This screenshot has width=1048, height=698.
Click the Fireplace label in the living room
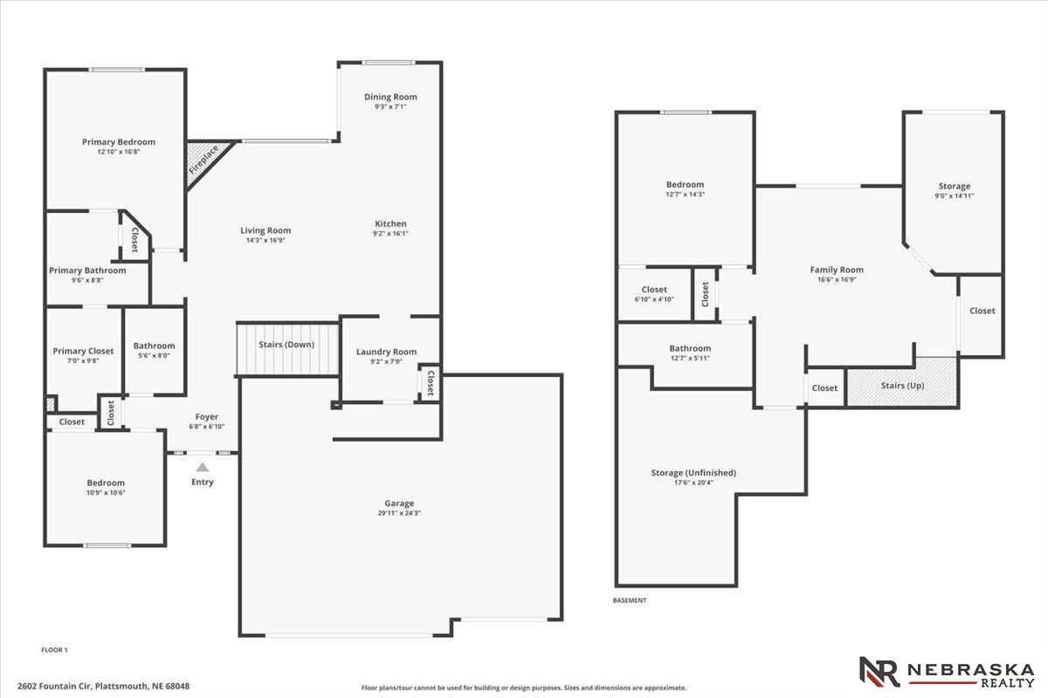point(203,160)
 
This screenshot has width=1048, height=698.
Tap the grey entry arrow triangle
point(202,467)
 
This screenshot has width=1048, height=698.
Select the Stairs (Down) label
point(286,345)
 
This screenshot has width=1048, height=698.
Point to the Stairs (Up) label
point(902,386)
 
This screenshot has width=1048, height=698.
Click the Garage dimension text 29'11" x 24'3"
point(399,513)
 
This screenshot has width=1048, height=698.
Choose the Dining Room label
point(390,97)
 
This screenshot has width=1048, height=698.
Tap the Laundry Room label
point(386,352)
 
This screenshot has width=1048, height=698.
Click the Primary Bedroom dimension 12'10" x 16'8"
point(119,152)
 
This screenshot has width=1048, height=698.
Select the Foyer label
point(207,416)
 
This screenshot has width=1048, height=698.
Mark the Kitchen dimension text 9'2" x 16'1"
point(390,233)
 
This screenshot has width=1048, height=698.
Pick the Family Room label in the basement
point(837,270)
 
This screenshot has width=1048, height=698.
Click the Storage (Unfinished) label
point(693,473)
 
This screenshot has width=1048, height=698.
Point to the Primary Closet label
point(83,351)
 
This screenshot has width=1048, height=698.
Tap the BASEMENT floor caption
point(630,600)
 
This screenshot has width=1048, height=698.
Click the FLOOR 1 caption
point(54,650)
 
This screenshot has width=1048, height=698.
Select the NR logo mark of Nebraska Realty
point(879,672)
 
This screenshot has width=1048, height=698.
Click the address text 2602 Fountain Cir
point(55,687)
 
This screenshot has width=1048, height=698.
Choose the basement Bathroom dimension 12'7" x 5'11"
point(690,358)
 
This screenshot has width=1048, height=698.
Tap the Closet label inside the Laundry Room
point(431,383)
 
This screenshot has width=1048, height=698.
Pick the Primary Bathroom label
point(87,270)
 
